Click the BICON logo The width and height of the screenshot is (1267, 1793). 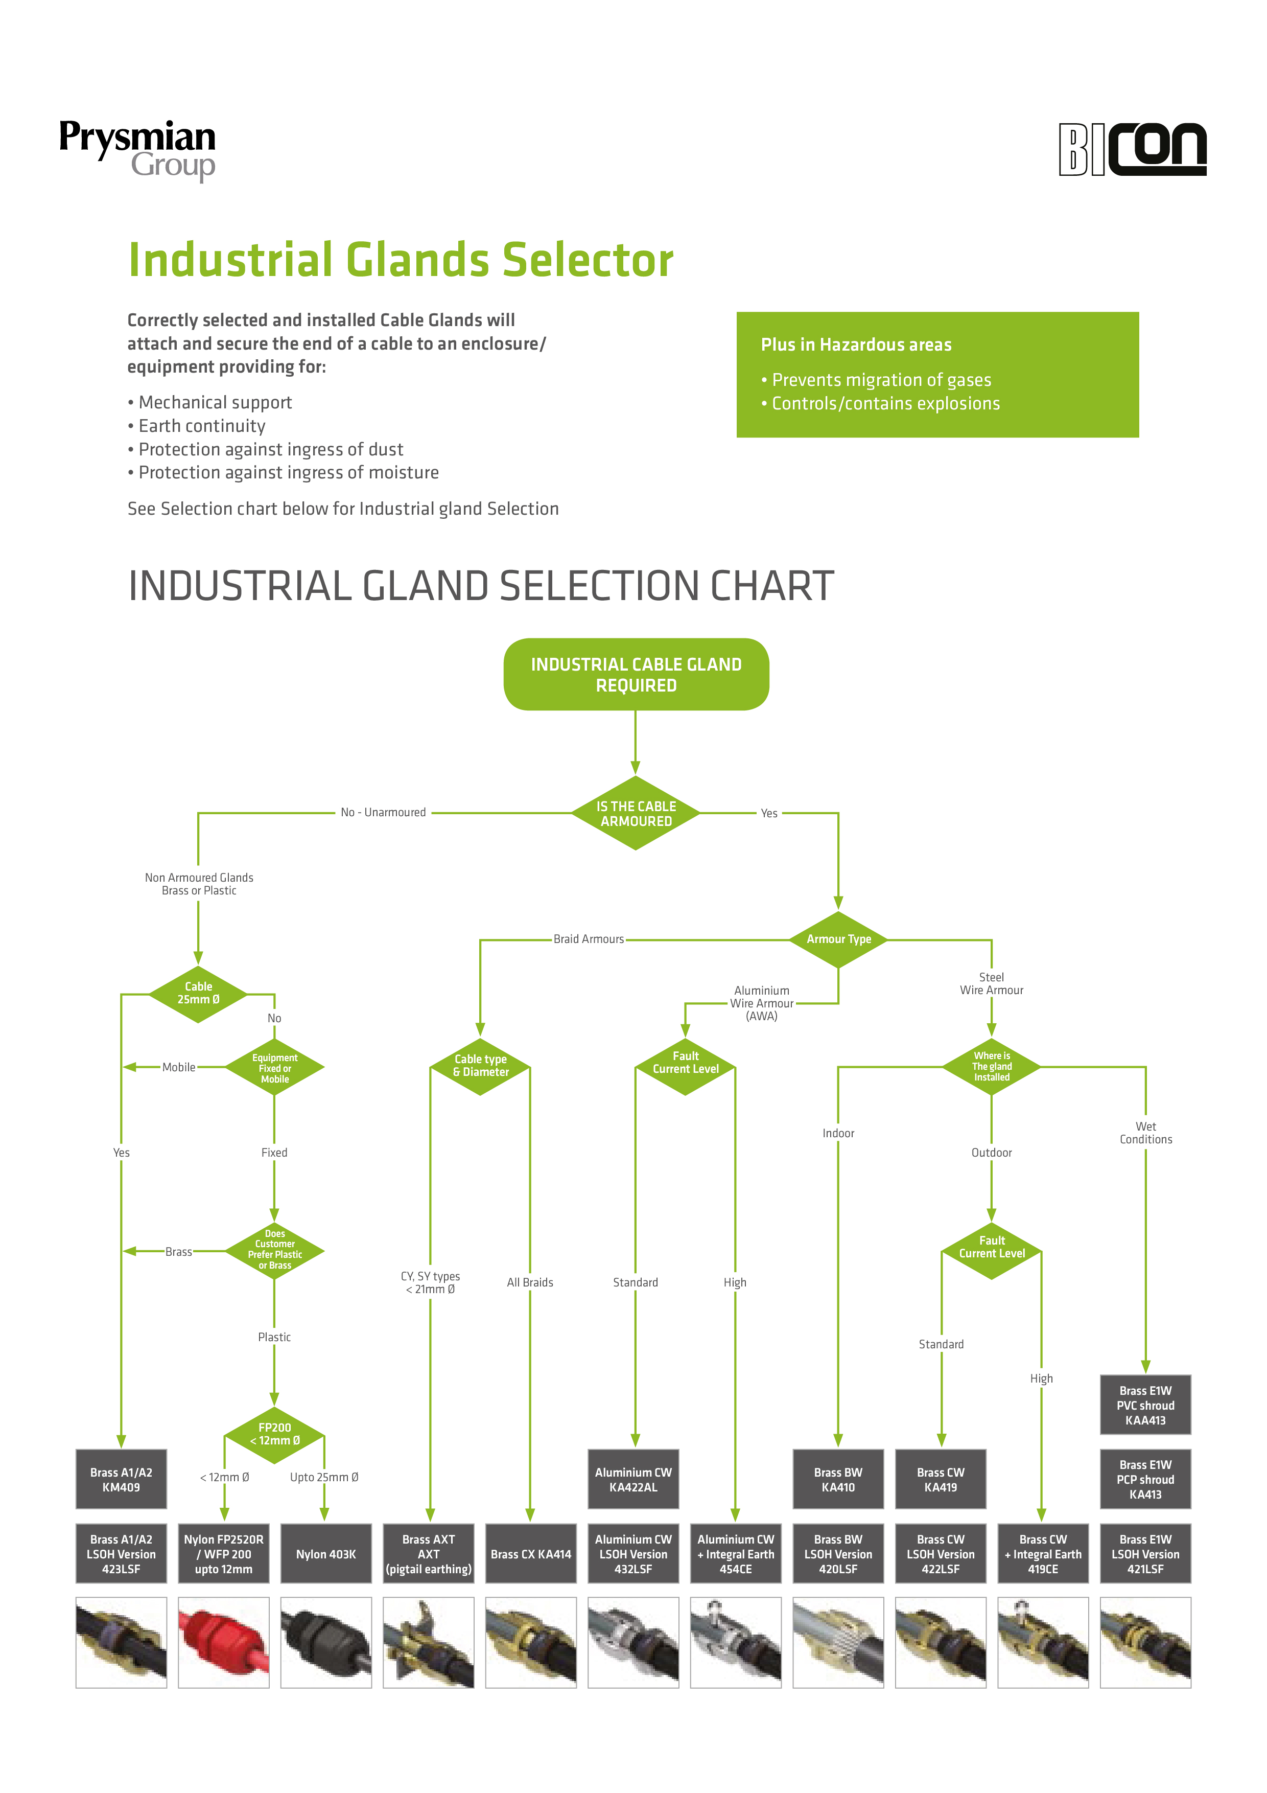click(x=1132, y=149)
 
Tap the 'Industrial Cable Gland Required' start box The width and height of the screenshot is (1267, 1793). click(x=636, y=674)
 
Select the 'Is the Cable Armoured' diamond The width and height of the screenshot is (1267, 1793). click(x=636, y=813)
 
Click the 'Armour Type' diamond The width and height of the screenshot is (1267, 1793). click(x=838, y=939)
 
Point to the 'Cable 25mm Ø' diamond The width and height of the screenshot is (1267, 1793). click(x=198, y=993)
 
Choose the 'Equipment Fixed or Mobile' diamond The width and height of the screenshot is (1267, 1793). click(x=275, y=1068)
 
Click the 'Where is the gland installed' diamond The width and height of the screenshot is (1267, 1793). click(x=992, y=1066)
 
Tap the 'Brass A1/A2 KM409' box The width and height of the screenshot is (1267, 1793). click(x=121, y=1479)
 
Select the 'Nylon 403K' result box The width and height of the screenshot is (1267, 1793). click(x=325, y=1553)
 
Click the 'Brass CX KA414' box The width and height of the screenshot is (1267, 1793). click(x=531, y=1553)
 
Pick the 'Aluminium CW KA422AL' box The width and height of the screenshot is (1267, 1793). click(x=633, y=1479)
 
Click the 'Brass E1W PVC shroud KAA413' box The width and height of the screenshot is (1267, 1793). click(x=1145, y=1405)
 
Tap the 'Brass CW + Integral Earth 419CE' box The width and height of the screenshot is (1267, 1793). click(x=1043, y=1553)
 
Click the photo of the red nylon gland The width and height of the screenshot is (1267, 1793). click(x=223, y=1642)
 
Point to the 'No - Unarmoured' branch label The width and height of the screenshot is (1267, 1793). click(x=383, y=812)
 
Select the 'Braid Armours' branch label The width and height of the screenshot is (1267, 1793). click(x=589, y=939)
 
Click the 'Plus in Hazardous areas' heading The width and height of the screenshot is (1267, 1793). click(x=856, y=344)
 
